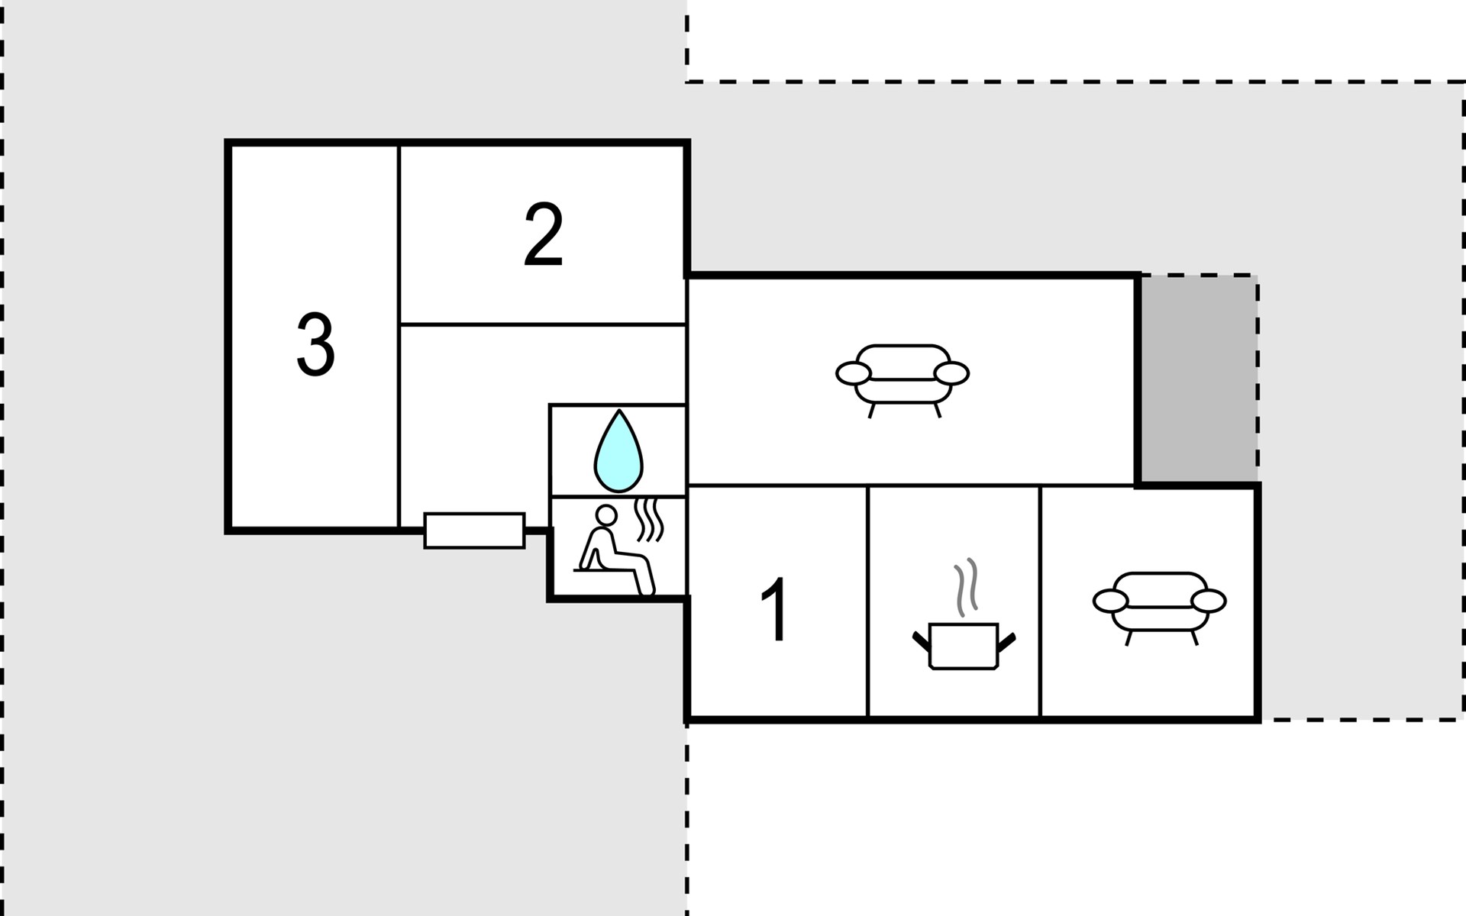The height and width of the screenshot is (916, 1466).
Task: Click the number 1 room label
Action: pyautogui.click(x=775, y=610)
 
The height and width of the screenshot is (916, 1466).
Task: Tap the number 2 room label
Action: pyautogui.click(x=544, y=234)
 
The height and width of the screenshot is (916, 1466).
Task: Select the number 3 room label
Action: pyautogui.click(x=315, y=345)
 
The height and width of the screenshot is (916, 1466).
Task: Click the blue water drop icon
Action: pyautogui.click(x=618, y=451)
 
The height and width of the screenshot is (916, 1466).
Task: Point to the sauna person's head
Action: pyautogui.click(x=606, y=515)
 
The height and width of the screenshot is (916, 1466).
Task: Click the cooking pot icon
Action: pyautogui.click(x=964, y=646)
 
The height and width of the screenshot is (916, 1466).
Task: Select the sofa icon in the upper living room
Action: pyautogui.click(x=903, y=380)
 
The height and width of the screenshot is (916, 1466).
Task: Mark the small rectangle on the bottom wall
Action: pyautogui.click(x=474, y=531)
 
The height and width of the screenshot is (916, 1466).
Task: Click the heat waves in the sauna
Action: pyautogui.click(x=649, y=520)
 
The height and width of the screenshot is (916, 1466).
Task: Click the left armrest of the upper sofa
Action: pyautogui.click(x=853, y=373)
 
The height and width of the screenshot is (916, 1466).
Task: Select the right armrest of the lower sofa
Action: pyautogui.click(x=1209, y=602)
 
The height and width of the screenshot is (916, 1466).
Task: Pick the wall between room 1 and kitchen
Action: pyautogui.click(x=868, y=601)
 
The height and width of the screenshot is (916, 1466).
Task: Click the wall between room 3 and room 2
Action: pyautogui.click(x=399, y=336)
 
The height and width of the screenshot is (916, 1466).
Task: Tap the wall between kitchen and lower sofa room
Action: pyautogui.click(x=1041, y=601)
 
